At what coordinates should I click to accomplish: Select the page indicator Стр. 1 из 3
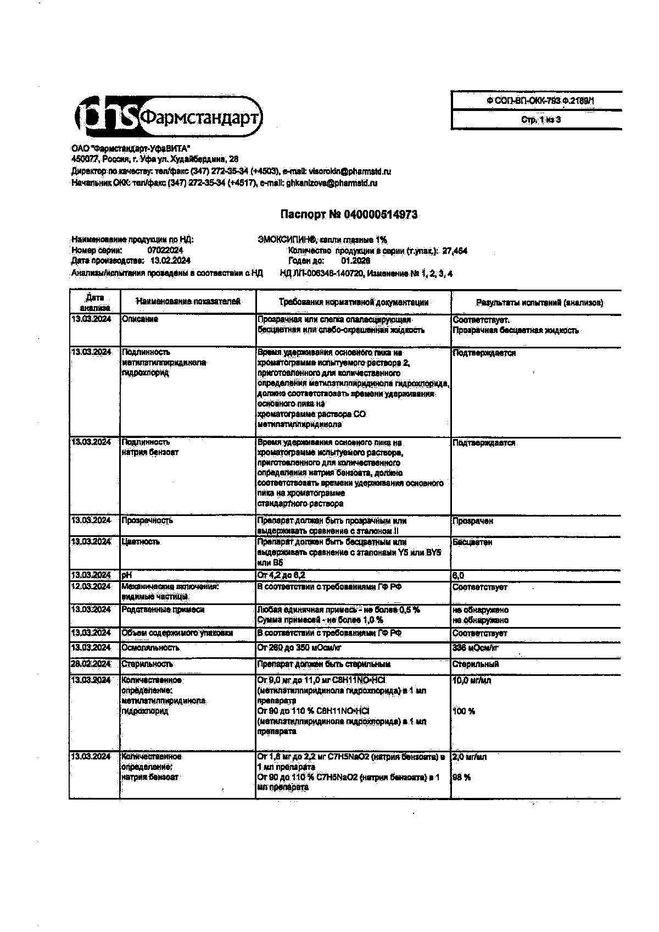point(540,120)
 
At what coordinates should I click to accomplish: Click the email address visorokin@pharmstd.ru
point(350,171)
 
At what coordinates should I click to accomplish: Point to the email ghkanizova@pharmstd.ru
point(332,183)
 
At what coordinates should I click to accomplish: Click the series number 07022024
point(165,250)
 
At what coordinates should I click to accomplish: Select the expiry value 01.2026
point(355,260)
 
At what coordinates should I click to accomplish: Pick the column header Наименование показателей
point(188,302)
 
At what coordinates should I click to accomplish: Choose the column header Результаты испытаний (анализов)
point(539,303)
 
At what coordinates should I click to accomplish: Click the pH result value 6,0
point(458,575)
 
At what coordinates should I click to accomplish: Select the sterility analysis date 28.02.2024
point(91,664)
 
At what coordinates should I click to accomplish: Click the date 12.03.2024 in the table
point(91,586)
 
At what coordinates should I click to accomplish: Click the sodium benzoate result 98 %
point(461,777)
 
